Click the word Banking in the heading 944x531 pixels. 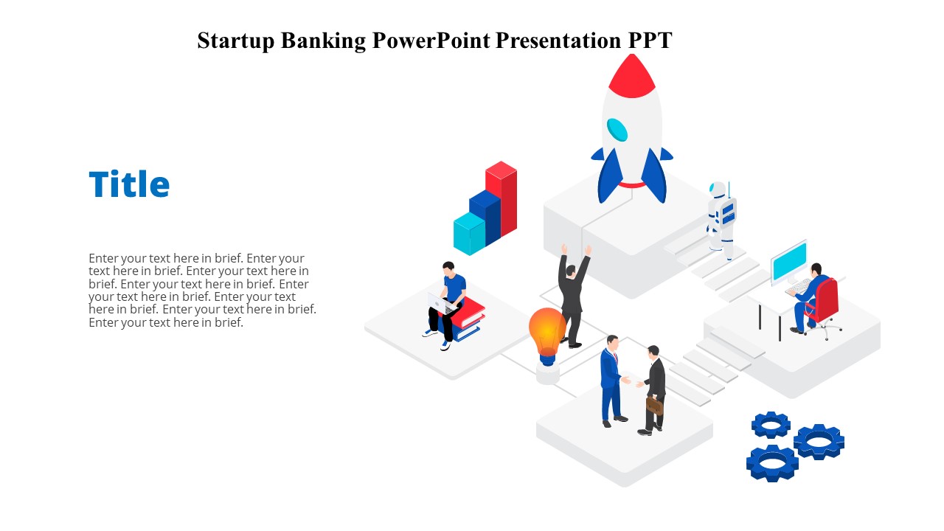(x=323, y=41)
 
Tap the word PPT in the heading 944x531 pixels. (x=650, y=41)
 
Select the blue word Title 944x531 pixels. (x=129, y=184)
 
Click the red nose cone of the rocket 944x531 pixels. (x=632, y=76)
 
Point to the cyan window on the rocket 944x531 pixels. (x=617, y=130)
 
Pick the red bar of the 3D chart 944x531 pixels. (x=502, y=198)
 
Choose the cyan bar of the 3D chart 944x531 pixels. (x=469, y=234)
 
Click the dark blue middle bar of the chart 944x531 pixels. (x=485, y=217)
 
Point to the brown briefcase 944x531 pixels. (x=654, y=406)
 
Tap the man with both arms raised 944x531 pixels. (x=572, y=295)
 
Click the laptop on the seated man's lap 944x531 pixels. (x=440, y=303)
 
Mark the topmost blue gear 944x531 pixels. (x=771, y=425)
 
